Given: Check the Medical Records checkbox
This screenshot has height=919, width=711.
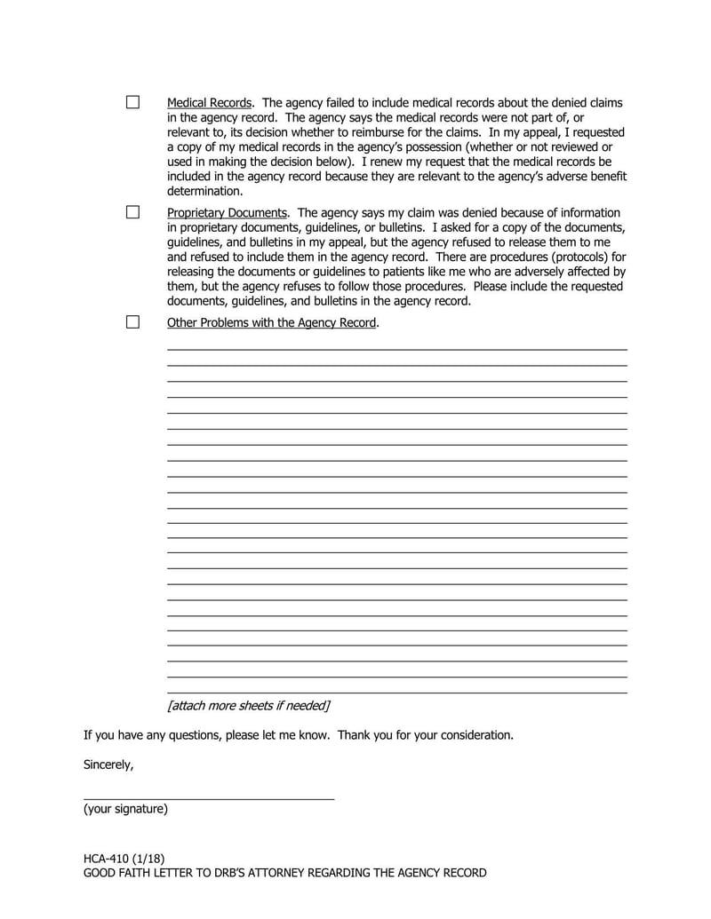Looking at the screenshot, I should (132, 103).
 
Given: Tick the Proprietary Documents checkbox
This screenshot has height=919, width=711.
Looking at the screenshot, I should (132, 212).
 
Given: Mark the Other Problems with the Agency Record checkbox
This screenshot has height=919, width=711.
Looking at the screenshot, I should (132, 322).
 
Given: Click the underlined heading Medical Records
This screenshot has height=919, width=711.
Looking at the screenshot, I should (209, 103).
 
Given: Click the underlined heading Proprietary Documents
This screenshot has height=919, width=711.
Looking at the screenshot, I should (227, 212).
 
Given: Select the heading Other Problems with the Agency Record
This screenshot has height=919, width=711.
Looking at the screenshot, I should (272, 322).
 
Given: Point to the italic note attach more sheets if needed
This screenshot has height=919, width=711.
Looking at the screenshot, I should (249, 705).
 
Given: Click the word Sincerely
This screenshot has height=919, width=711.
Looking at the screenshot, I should (108, 764).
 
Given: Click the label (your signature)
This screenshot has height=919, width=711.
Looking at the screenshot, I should (125, 809).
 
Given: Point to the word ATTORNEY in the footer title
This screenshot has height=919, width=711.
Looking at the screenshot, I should (268, 873).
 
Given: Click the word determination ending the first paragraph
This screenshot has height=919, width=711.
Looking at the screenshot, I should (204, 191).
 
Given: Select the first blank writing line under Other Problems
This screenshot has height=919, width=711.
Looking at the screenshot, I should (396, 349).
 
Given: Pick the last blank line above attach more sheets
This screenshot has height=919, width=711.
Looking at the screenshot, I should (396, 693).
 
